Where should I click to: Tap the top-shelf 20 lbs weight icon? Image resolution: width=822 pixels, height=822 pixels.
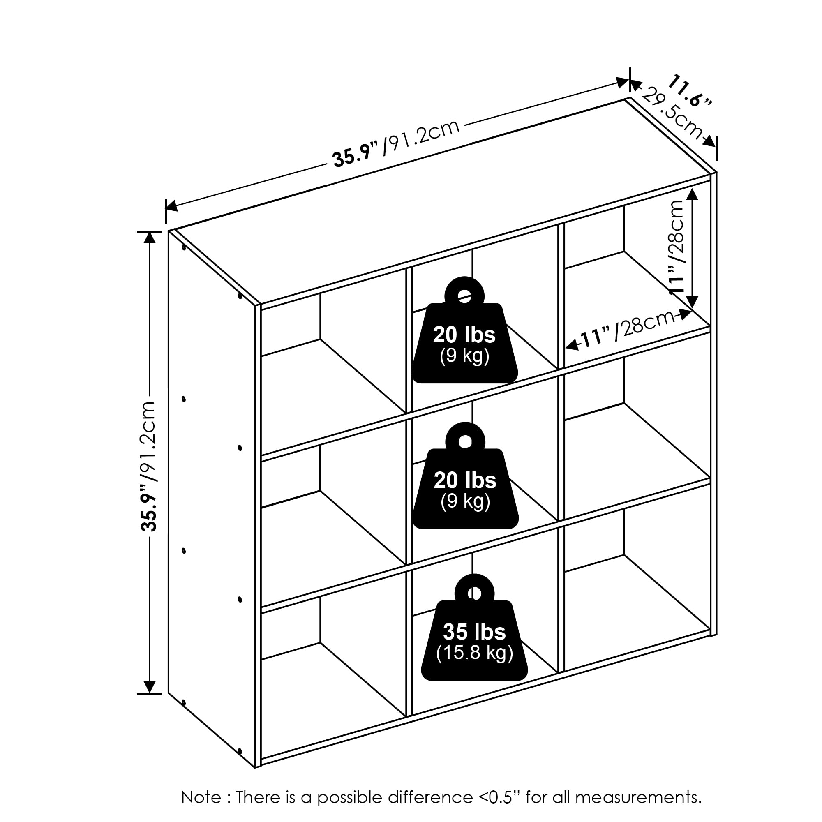464,340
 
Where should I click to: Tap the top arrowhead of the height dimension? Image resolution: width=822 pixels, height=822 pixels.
149,238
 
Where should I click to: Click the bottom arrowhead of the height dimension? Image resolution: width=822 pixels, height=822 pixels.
149,687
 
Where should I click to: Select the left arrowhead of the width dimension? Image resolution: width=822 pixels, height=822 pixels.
171,206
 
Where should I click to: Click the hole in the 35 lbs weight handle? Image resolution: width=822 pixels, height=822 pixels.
474,593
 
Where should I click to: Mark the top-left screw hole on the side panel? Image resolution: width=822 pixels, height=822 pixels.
184,247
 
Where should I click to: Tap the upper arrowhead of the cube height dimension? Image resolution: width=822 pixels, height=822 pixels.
692,194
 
